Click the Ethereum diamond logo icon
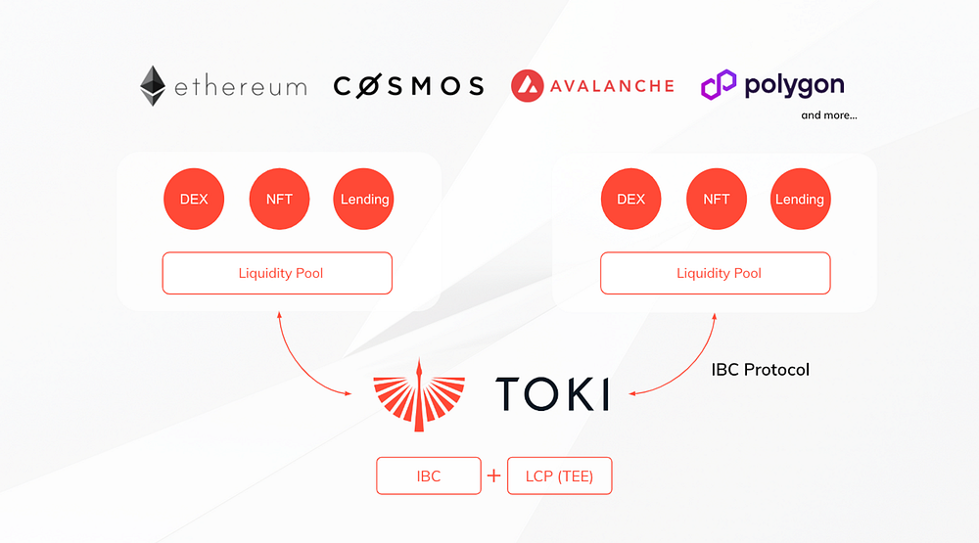tap(153, 85)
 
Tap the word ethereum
tap(241, 86)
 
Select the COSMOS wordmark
tap(408, 86)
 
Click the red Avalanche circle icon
tap(527, 85)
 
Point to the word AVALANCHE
tap(612, 86)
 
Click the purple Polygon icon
tap(719, 85)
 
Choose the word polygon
tap(794, 86)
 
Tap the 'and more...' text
tap(829, 115)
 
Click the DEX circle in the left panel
tap(194, 200)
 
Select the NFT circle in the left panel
tap(279, 200)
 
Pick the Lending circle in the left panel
tap(363, 200)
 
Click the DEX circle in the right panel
tap(630, 200)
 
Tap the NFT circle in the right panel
tap(717, 200)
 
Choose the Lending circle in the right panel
tap(801, 200)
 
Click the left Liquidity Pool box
tap(277, 273)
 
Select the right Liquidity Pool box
tap(716, 273)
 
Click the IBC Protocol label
tap(761, 370)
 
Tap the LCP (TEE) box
tap(559, 476)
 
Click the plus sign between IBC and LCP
tap(493, 476)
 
